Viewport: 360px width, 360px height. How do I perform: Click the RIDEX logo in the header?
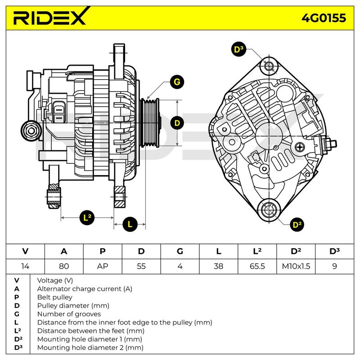[x=49, y=18]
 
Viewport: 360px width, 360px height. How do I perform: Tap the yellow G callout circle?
[x=177, y=82]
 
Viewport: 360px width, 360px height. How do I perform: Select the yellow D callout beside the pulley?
[x=177, y=122]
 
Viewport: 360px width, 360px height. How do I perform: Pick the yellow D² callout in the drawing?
[x=296, y=224]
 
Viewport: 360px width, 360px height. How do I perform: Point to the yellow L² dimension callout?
[x=88, y=218]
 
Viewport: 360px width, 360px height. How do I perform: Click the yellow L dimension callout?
[x=130, y=224]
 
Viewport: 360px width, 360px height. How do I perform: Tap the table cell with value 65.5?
[x=257, y=266]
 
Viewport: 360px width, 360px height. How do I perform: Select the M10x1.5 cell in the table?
[x=296, y=266]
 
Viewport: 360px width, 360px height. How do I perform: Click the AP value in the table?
[x=103, y=266]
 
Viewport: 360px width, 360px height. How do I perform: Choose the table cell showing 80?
[x=64, y=266]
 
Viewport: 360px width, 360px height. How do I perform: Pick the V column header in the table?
[x=25, y=251]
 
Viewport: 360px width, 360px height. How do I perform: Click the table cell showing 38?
[x=218, y=266]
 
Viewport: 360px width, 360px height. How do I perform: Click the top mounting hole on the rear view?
[x=269, y=67]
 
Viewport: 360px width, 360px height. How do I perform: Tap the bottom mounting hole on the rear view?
[x=269, y=209]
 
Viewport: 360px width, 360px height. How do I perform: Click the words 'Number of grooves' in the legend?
[x=69, y=314]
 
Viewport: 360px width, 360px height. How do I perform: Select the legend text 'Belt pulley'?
[x=54, y=297]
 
